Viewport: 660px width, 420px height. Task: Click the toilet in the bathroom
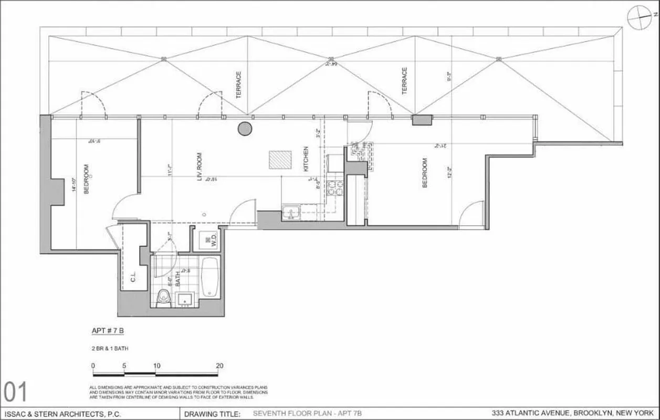pos(163,297)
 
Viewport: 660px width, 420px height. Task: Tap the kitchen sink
pos(290,213)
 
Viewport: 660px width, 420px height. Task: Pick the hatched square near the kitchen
pos(280,160)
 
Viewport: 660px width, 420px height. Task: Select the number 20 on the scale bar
pos(219,365)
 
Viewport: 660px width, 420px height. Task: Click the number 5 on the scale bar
pos(124,365)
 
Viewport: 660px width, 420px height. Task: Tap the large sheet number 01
pos(16,392)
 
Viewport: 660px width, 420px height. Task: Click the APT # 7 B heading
pos(107,331)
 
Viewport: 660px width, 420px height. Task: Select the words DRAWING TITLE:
pos(212,414)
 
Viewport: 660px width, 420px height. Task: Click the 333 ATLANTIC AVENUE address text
pos(573,413)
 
